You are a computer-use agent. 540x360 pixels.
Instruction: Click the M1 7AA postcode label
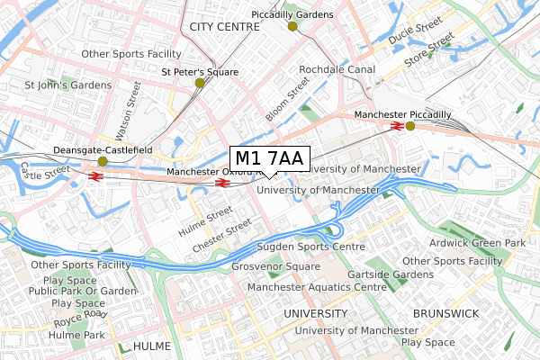pos(270,158)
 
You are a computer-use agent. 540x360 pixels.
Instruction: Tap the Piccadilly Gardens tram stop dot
pos(292,26)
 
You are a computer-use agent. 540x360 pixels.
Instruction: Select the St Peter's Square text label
pos(199,71)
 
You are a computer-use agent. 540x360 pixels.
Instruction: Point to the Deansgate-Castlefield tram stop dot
pos(103,161)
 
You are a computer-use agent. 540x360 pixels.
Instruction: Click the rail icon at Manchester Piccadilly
pos(397,126)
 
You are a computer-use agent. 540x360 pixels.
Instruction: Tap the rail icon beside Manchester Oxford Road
pos(221,183)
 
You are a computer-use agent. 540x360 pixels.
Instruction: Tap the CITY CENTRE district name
pos(224,28)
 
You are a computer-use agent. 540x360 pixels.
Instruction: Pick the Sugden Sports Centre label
pos(310,246)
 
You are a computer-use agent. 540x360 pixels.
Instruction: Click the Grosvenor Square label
pos(275,267)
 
